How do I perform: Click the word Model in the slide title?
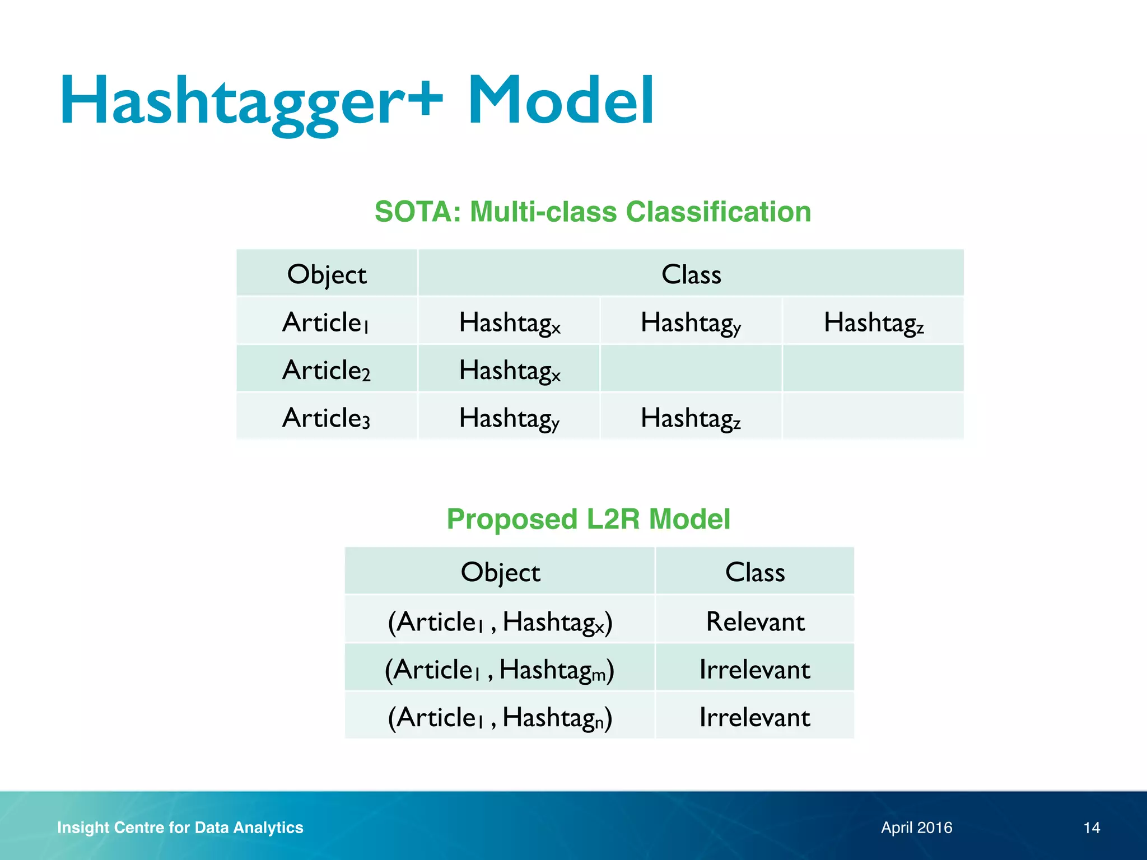560,101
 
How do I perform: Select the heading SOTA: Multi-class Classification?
593,212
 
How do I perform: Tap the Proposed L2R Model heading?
588,519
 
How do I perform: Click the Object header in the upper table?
327,274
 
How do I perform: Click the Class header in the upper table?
691,274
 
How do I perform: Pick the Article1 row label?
327,322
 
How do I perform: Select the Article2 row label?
327,371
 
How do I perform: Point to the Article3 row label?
327,418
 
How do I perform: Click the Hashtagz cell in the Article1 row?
873,323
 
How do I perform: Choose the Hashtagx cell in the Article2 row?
509,371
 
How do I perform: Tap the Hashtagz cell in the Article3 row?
691,418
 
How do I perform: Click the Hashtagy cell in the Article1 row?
691,323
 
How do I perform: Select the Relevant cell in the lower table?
755,621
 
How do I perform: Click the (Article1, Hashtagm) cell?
500,670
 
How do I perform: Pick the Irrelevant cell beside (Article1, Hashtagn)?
755,717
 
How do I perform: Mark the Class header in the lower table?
755,572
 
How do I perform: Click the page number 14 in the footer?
1092,828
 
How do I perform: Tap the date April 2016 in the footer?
916,828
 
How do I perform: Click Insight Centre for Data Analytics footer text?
180,828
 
